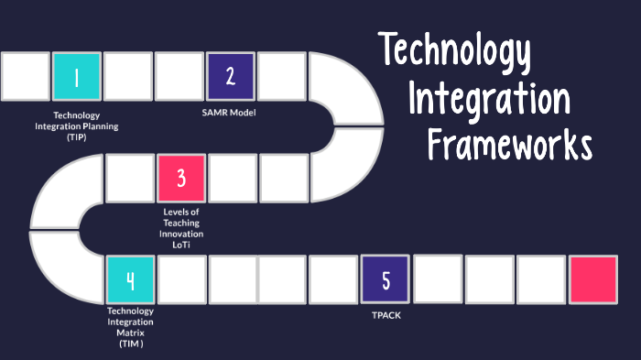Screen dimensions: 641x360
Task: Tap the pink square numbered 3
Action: point(180,178)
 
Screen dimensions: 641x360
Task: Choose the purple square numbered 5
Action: point(385,279)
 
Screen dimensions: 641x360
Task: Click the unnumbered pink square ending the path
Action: point(592,279)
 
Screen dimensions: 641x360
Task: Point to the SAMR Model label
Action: point(228,113)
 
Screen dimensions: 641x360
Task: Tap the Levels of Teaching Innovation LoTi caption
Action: point(180,223)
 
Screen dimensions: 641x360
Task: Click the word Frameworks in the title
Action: point(510,143)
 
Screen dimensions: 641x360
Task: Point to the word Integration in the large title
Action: point(489,97)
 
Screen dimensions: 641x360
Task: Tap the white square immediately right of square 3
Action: point(233,178)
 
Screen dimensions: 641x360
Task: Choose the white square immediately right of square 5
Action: point(437,279)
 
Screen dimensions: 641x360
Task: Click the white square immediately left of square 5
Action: point(333,279)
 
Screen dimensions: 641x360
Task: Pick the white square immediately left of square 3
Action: point(129,178)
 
